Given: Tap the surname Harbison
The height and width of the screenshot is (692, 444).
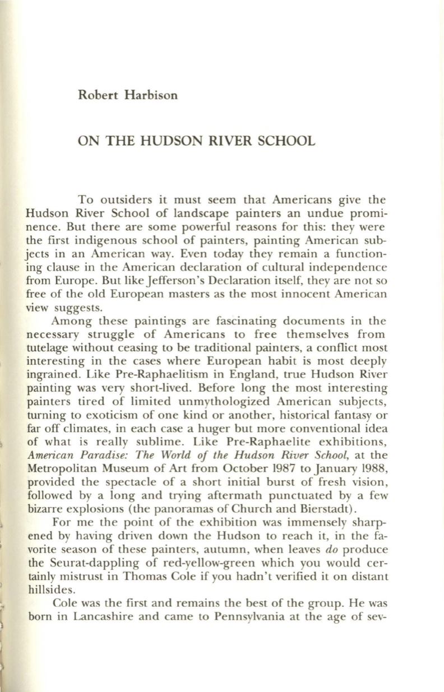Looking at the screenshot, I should click(x=150, y=95).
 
